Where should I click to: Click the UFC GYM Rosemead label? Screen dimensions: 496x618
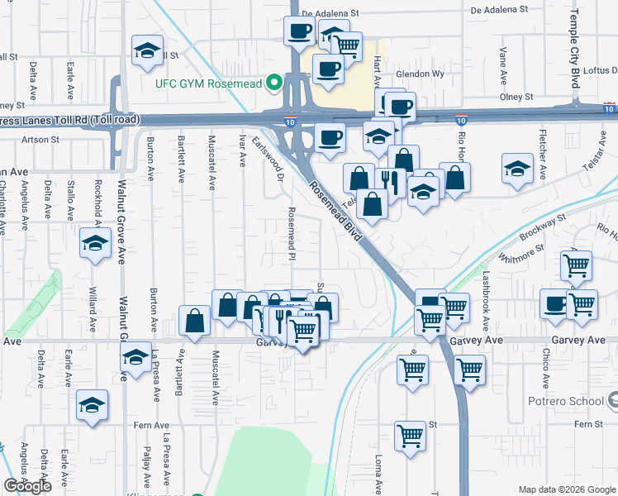tap(208, 83)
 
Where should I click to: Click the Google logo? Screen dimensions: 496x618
tap(28, 486)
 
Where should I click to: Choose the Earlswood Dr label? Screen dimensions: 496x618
tap(269, 160)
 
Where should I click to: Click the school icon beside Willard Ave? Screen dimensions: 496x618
tap(95, 244)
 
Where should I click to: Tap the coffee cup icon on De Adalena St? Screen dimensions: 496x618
tap(298, 32)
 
